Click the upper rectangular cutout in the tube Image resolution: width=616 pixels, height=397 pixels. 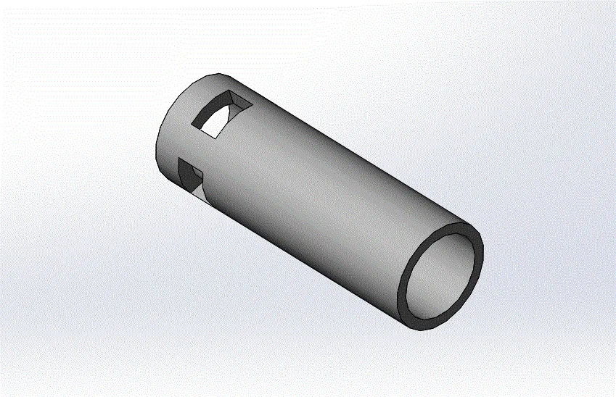pyautogui.click(x=221, y=114)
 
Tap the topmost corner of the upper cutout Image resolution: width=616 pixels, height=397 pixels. pyautogui.click(x=230, y=91)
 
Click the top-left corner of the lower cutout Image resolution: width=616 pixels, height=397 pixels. pyautogui.click(x=179, y=159)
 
